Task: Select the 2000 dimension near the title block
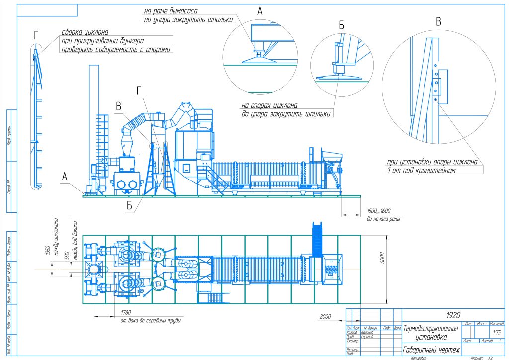(x=325, y=317)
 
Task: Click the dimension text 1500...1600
(x=379, y=211)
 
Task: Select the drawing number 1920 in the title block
(x=453, y=315)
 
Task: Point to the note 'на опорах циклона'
(x=269, y=105)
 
